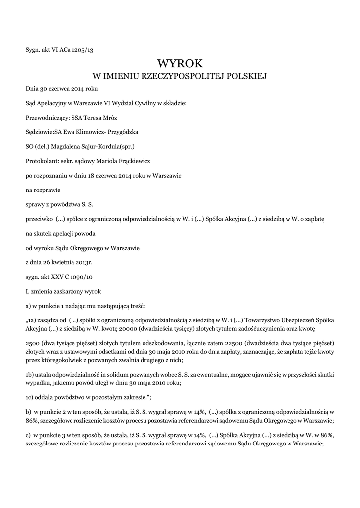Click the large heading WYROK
click(x=180, y=63)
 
